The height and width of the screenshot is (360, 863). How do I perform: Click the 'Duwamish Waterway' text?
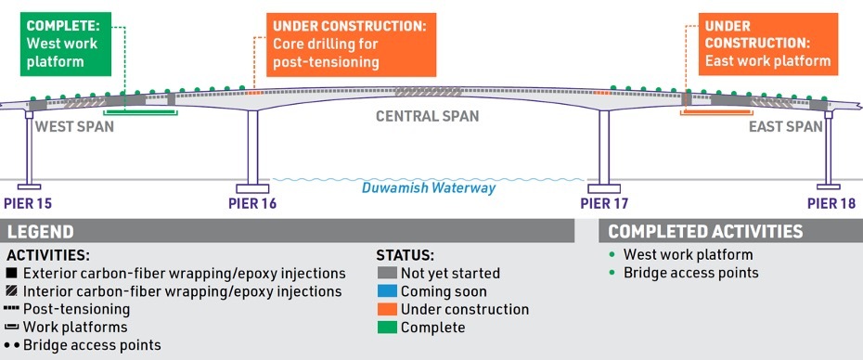[x=429, y=188]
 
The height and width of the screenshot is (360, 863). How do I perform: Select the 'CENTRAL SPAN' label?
[x=427, y=117]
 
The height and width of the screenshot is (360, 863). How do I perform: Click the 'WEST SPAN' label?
[x=74, y=126]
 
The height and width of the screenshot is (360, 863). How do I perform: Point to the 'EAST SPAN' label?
[x=785, y=126]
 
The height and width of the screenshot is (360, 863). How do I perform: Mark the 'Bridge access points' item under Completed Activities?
[x=691, y=273]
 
